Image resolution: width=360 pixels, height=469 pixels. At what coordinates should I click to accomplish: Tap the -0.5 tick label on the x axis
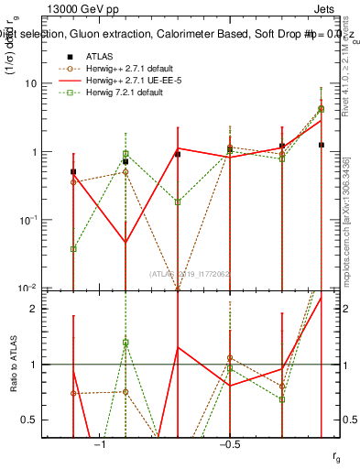[229, 444]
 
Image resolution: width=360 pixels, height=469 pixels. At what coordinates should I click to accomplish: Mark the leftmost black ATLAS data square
[73, 171]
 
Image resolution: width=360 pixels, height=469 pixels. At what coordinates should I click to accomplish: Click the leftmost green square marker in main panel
[73, 248]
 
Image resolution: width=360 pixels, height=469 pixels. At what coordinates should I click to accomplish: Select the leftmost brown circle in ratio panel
[73, 393]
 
